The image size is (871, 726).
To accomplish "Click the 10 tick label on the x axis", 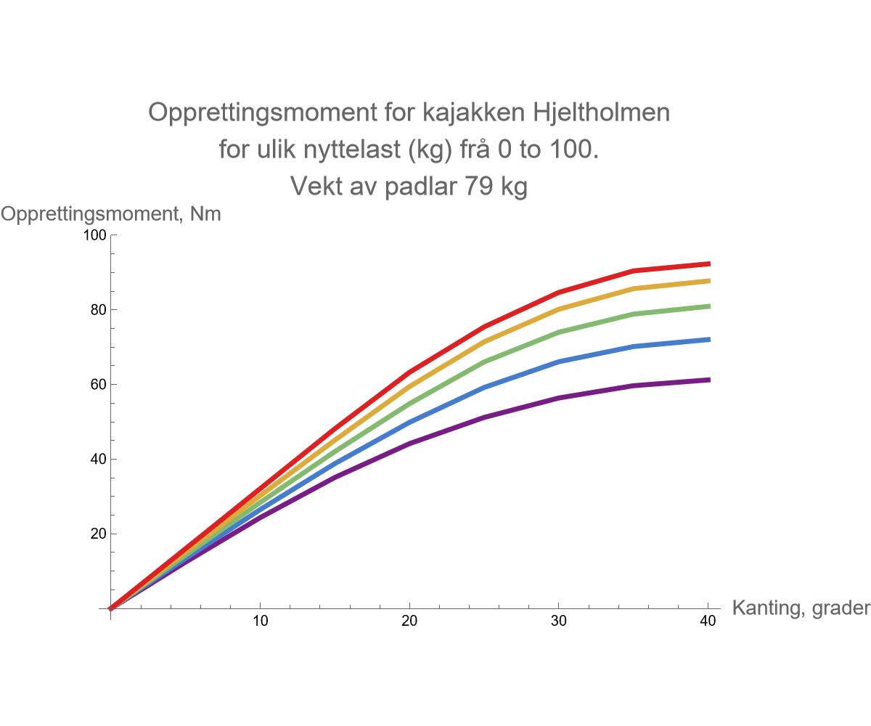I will (x=260, y=621).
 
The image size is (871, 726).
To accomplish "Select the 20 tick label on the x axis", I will (x=410, y=621).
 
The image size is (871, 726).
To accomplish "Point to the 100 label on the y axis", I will (x=97, y=235).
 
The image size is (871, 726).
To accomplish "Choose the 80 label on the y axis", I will (x=99, y=310).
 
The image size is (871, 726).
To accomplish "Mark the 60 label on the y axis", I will (x=99, y=385).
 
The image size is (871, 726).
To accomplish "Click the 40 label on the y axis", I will (x=99, y=460).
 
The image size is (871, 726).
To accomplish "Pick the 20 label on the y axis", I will (x=99, y=534).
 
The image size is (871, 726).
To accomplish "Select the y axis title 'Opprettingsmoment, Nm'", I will (x=110, y=214).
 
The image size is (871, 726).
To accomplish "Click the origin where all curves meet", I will (x=110, y=608).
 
